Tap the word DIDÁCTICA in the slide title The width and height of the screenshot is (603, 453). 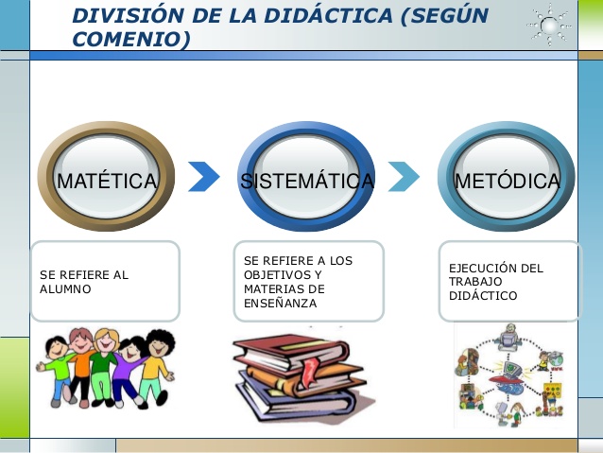(x=329, y=15)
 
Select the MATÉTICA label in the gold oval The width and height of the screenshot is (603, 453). (x=107, y=181)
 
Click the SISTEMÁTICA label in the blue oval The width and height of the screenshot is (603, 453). (x=307, y=181)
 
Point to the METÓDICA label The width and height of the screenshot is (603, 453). (x=508, y=181)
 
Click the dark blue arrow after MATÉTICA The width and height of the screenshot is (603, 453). (x=204, y=177)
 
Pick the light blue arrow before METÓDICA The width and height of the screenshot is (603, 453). (x=404, y=177)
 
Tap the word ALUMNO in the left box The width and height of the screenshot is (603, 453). (x=65, y=289)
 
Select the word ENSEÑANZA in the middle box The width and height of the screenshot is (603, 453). (x=281, y=304)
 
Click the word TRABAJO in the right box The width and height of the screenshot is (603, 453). (x=475, y=282)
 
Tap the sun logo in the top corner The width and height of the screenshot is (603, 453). (x=549, y=26)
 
